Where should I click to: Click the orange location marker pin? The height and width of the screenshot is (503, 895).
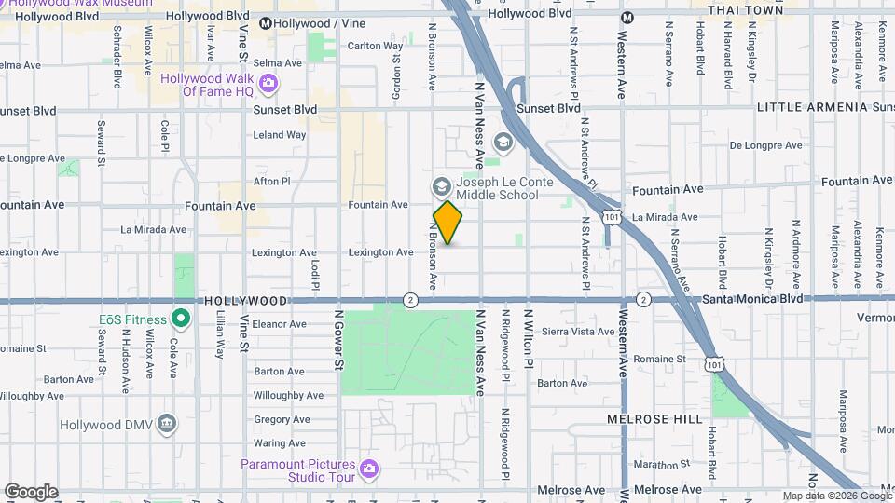click(x=447, y=222)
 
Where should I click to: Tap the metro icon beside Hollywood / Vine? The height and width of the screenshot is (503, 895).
click(x=266, y=23)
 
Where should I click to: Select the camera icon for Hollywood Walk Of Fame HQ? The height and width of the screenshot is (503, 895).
click(x=268, y=86)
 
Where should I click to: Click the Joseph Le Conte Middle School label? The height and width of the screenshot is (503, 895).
click(x=497, y=188)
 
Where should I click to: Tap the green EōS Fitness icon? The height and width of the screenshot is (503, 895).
click(x=183, y=319)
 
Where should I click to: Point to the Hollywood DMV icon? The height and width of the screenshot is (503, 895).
click(x=167, y=424)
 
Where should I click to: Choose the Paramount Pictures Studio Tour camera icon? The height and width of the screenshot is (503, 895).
click(x=368, y=467)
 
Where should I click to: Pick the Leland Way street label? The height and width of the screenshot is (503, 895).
click(x=280, y=135)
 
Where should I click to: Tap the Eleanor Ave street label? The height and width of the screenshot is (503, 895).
click(x=280, y=324)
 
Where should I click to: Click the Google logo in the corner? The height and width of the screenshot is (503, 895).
click(x=31, y=491)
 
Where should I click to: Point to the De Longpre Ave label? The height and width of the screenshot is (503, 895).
click(x=765, y=145)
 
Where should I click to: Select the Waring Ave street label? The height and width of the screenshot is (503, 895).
click(x=280, y=443)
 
